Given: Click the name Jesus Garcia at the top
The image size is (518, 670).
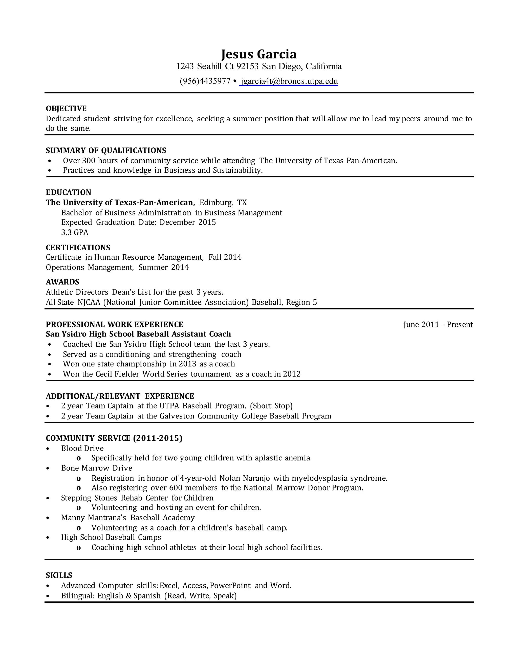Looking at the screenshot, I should [259, 54].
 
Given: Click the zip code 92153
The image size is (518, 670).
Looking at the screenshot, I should [247, 66].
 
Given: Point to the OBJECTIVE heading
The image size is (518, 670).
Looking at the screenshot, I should [66, 109].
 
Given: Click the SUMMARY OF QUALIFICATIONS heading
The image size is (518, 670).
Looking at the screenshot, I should [106, 150].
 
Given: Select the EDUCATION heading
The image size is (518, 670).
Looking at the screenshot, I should [69, 192].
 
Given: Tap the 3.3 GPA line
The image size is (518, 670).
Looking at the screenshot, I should [75, 232].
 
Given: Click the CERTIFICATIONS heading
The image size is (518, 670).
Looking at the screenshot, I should [78, 248].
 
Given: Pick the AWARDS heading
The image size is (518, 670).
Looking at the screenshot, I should [63, 282].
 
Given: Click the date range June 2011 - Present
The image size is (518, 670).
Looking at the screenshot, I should [438, 325].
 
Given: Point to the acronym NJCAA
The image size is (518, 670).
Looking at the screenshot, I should [89, 302].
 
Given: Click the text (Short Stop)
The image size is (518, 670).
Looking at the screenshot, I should [271, 406].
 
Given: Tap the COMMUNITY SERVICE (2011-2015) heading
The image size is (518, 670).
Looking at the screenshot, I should [114, 438].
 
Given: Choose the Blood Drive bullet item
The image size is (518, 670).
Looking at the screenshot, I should [82, 448].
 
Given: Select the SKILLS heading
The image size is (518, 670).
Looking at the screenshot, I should [59, 575].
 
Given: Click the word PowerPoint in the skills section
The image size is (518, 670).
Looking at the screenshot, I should [230, 585].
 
